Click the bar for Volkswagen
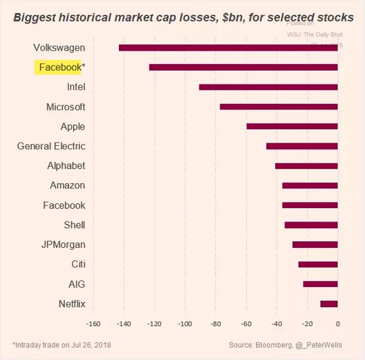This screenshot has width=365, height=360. (228, 47)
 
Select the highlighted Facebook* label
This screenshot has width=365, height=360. (59, 68)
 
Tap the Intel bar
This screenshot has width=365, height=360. (268, 87)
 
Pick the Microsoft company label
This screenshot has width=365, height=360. (66, 107)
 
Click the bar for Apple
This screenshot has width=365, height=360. (292, 126)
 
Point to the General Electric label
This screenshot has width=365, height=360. (51, 146)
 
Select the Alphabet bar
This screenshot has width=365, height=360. (306, 165)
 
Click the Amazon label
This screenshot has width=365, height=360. (68, 185)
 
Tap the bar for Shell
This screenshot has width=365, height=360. (311, 224)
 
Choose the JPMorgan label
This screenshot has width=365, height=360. (64, 245)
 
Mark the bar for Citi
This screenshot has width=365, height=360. (318, 264)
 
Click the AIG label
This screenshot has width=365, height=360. (76, 284)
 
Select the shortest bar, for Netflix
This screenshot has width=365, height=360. (328, 304)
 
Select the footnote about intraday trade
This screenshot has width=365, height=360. (62, 345)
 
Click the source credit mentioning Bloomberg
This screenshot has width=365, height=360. (285, 345)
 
